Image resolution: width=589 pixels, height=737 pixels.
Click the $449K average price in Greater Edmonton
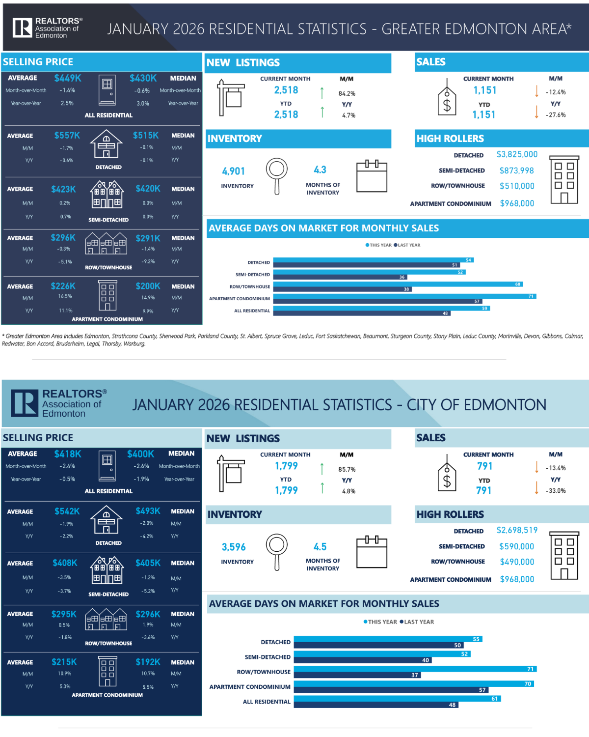pyautogui.click(x=68, y=78)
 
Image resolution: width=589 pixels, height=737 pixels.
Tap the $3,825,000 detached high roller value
pyautogui.click(x=517, y=154)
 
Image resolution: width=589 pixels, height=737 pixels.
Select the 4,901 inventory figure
pyautogui.click(x=233, y=171)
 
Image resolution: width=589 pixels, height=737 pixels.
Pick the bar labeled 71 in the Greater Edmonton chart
pyautogui.click(x=404, y=296)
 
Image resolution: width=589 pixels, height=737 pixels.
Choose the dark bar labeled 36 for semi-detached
pyautogui.click(x=340, y=277)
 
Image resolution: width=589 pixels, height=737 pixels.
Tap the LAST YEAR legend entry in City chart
pyautogui.click(x=417, y=622)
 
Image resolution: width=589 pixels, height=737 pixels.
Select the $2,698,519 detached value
pyautogui.click(x=517, y=530)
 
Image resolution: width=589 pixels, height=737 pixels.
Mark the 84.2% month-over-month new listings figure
pyautogui.click(x=347, y=93)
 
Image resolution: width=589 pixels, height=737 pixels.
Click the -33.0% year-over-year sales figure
pyautogui.click(x=556, y=491)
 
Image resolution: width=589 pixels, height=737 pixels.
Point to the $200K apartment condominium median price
pyautogui.click(x=148, y=286)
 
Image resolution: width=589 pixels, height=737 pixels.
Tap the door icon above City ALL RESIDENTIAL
pyautogui.click(x=107, y=467)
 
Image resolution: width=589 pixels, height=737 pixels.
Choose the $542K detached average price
pyautogui.click(x=67, y=511)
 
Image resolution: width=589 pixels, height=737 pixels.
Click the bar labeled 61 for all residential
pyautogui.click(x=397, y=699)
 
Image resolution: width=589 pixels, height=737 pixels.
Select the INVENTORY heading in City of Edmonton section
pyautogui.click(x=235, y=514)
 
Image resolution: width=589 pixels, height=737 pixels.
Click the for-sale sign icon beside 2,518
pyautogui.click(x=230, y=97)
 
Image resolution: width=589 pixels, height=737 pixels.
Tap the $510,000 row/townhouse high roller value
pyautogui.click(x=517, y=186)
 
